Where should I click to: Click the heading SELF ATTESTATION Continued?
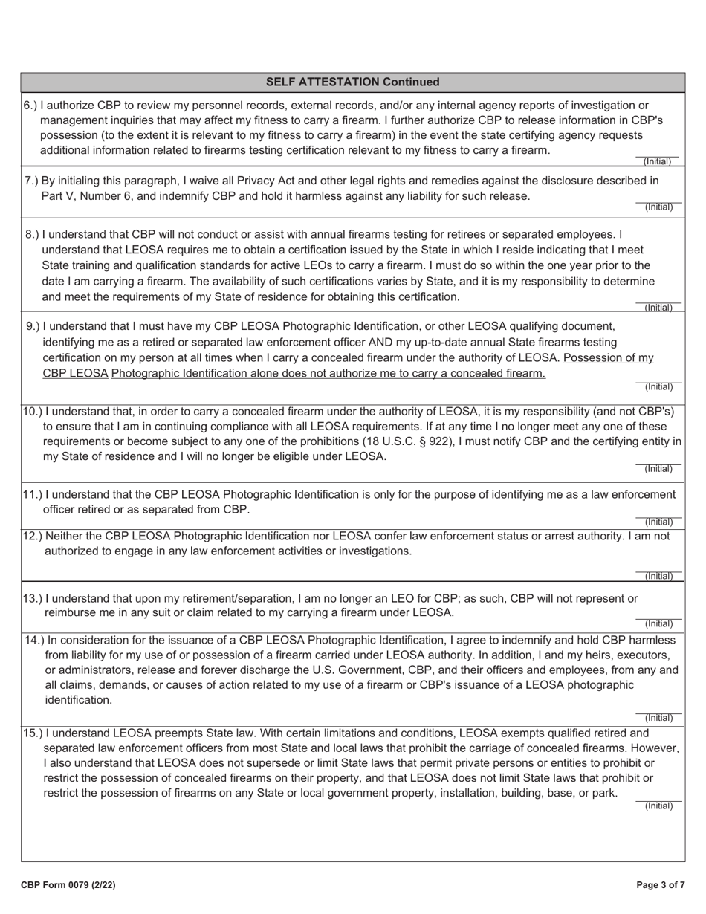pos(352,82)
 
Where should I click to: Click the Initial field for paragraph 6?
pos(658,156)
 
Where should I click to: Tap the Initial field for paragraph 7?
pos(658,201)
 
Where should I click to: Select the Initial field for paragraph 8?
pos(658,302)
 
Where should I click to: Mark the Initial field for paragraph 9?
pos(658,381)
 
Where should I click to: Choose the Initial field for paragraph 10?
pos(658,463)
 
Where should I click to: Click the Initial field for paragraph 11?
pos(658,516)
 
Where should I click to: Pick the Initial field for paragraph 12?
pos(658,571)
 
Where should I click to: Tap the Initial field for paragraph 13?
pos(658,618)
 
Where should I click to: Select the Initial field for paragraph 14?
pos(658,712)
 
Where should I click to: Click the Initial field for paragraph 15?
pos(658,800)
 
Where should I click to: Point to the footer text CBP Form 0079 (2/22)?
pos(68,885)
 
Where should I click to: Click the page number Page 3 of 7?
pos(661,885)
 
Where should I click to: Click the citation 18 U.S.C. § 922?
pos(484,441)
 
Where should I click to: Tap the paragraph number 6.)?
pos(30,106)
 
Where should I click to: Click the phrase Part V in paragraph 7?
pos(56,196)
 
